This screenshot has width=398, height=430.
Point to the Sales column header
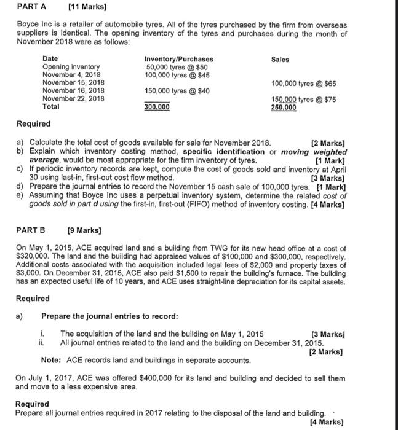[x=280, y=59]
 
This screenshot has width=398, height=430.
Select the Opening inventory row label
[x=71, y=67]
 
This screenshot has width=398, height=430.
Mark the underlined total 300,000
[x=157, y=107]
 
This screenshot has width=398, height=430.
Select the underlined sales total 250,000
[x=284, y=107]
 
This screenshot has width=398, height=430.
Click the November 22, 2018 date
[x=73, y=98]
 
